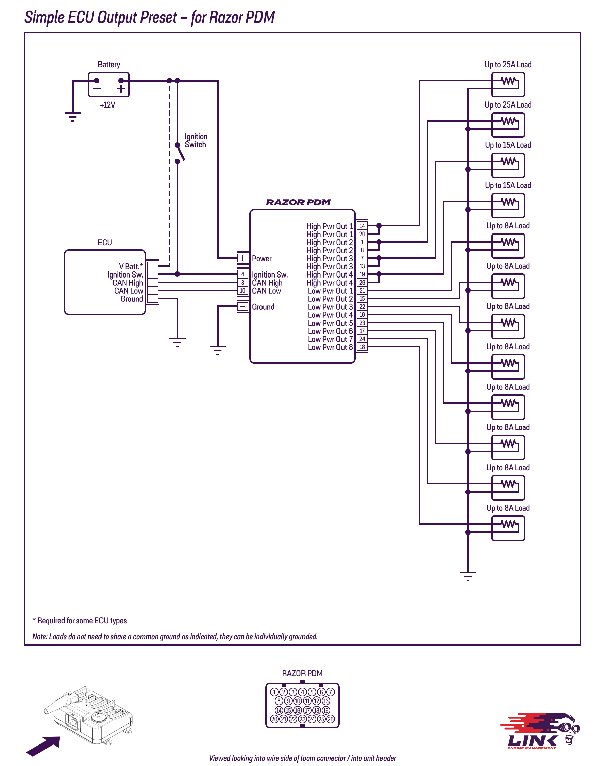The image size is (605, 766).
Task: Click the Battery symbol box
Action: point(109,85)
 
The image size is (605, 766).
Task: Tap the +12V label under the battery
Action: point(107,105)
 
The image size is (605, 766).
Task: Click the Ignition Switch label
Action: point(196,140)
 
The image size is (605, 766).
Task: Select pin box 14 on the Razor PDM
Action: point(362,226)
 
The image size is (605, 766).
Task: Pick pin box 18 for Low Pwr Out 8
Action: point(362,347)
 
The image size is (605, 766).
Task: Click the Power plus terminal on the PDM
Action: point(243,258)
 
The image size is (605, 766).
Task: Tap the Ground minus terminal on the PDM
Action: point(243,306)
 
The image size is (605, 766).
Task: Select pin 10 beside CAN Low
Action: point(243,291)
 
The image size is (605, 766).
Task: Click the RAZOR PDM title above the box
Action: point(298,202)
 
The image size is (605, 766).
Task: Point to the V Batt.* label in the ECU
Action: point(131,266)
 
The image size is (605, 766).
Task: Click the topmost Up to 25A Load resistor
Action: point(508,85)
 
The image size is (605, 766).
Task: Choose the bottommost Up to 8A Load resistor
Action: point(508,528)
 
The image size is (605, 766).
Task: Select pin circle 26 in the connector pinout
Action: point(330,719)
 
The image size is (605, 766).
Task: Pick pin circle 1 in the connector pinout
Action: point(274,692)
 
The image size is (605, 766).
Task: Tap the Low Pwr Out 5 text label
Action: point(330,323)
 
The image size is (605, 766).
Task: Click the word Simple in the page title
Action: point(44,17)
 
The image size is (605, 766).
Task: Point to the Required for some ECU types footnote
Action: point(80,621)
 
